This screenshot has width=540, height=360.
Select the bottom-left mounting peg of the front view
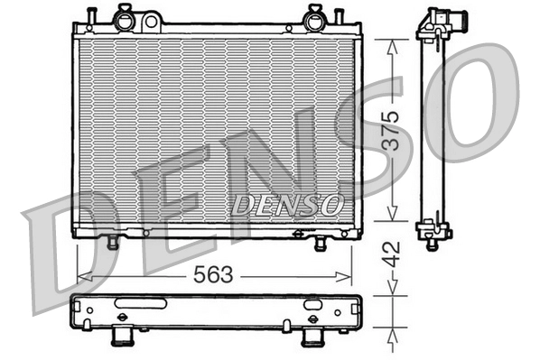113,242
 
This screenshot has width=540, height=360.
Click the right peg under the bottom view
312,337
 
